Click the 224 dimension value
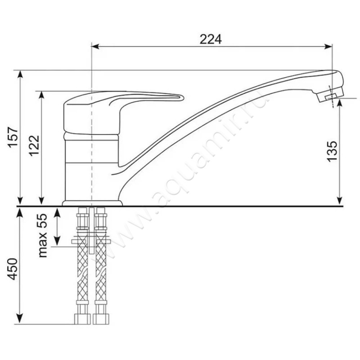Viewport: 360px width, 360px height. pos(211,39)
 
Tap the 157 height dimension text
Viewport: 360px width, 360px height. pos(13,137)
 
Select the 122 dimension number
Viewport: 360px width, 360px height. pos(34,146)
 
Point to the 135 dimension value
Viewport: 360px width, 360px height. pos(332,151)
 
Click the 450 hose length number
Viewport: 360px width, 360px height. pos(13,269)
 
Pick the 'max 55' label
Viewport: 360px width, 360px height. pos(42,235)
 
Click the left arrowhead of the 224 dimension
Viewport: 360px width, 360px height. pos(95,47)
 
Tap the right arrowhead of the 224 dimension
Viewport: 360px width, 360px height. pos(328,47)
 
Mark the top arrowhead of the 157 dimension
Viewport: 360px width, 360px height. pos(20,74)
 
